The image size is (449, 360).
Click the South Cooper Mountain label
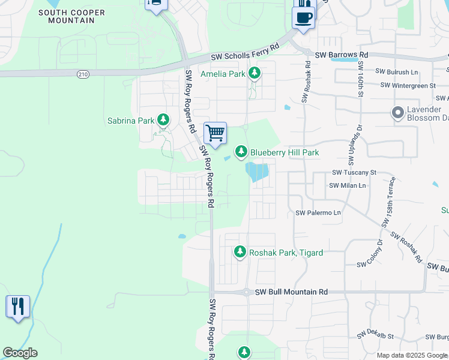[x=71, y=16]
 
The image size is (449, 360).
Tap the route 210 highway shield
[x=83, y=74]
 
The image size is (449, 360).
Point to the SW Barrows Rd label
[x=341, y=55]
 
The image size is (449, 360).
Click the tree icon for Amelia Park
[x=255, y=73]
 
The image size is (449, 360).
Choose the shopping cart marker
[x=214, y=132]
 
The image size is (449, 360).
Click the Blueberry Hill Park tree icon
[x=241, y=152]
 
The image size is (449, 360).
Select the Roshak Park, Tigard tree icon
[x=240, y=252]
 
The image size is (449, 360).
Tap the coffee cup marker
[x=304, y=17]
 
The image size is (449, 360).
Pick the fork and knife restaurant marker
[x=18, y=306]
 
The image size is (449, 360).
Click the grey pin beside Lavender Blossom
[x=397, y=112]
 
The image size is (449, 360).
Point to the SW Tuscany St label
[x=354, y=172]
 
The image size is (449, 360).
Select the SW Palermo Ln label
[x=318, y=213]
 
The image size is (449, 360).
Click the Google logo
[x=20, y=353]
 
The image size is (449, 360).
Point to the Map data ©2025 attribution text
[x=412, y=355]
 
